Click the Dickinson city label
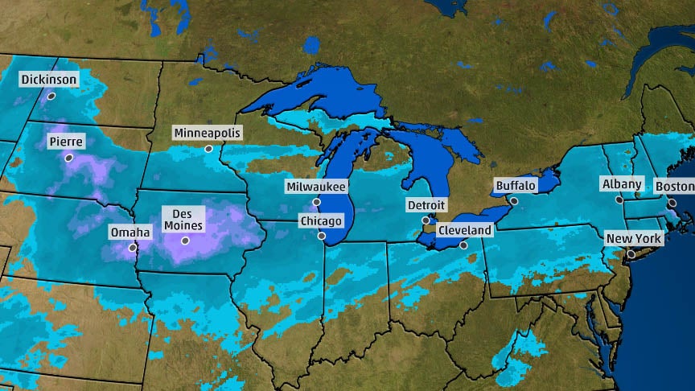click(x=49, y=80)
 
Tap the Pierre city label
click(x=66, y=142)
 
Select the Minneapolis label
click(x=208, y=133)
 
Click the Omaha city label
click(x=130, y=233)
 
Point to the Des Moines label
click(x=183, y=218)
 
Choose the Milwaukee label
click(x=316, y=187)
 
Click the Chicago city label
click(x=321, y=220)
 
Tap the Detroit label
click(x=426, y=205)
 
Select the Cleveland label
click(x=464, y=230)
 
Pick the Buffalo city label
click(x=515, y=186)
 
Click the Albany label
click(x=622, y=184)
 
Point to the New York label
click(x=634, y=239)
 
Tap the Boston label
click(x=673, y=187)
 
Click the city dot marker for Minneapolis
click(x=208, y=149)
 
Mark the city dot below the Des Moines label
click(x=185, y=241)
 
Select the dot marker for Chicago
click(x=322, y=236)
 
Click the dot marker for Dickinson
click(x=51, y=96)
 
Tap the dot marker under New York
click(x=631, y=254)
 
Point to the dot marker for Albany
click(x=619, y=200)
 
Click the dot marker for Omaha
click(x=132, y=248)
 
